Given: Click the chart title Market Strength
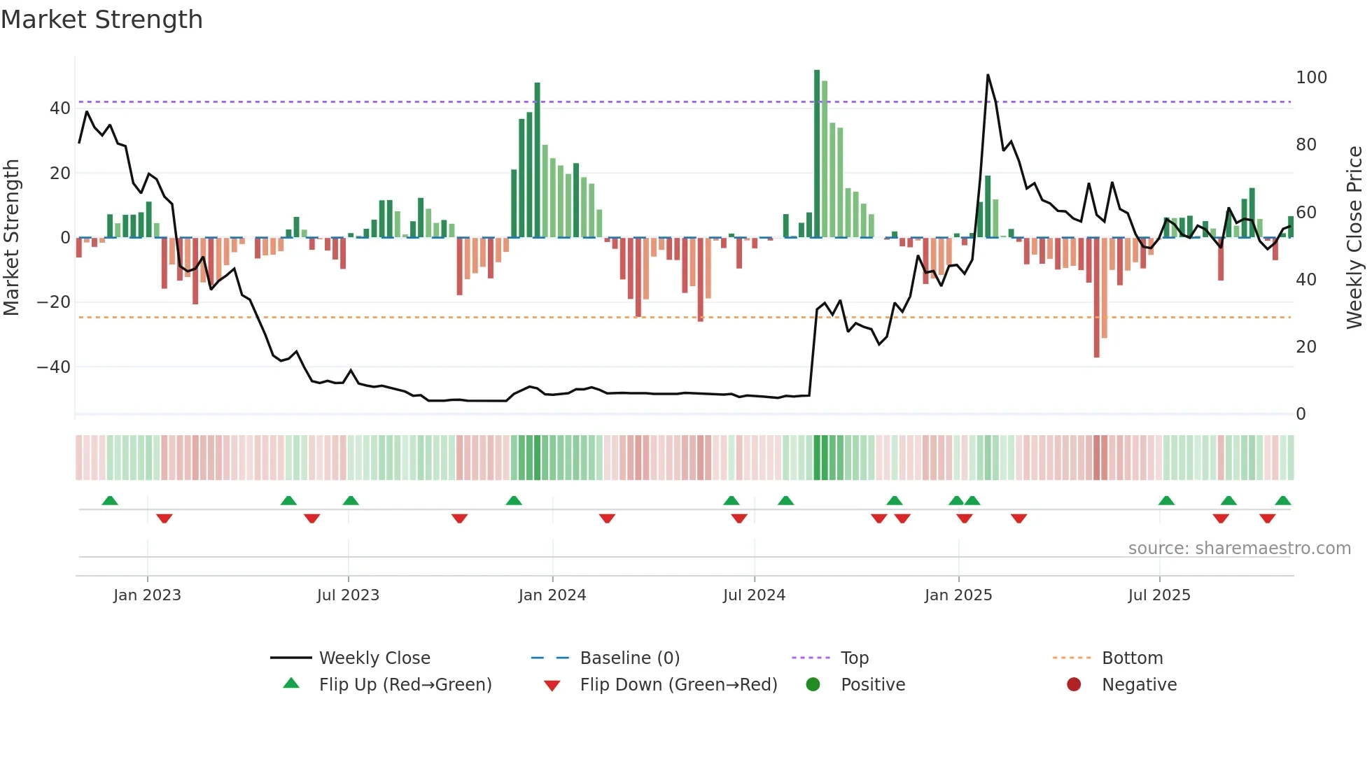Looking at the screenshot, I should [x=101, y=20].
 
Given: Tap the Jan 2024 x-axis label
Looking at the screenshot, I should [x=552, y=595].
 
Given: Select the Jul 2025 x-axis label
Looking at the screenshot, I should [x=1158, y=595].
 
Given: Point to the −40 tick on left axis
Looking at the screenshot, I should [x=53, y=367].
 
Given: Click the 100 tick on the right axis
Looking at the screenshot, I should [x=1310, y=78].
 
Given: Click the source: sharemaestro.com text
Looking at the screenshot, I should [x=1239, y=549].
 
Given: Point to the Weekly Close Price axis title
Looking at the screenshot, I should [x=1354, y=238].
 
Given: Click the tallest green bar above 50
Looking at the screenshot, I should [x=817, y=154].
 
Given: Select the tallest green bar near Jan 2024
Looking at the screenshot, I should [x=537, y=161].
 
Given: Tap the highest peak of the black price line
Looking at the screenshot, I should [x=988, y=75].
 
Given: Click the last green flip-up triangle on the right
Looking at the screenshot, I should [x=1282, y=500].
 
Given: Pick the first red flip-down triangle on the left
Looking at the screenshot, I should [x=164, y=518].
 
